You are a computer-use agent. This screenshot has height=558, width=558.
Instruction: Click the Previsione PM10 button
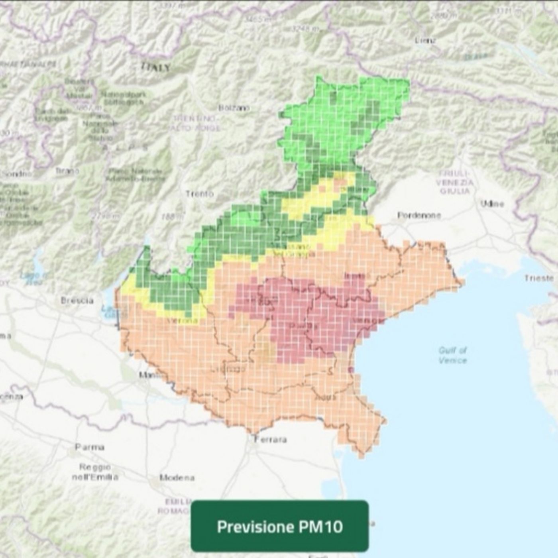280,526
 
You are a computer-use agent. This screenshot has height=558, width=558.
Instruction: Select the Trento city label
200,194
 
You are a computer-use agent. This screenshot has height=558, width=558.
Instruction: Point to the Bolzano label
234,108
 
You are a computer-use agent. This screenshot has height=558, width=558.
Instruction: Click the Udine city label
492,204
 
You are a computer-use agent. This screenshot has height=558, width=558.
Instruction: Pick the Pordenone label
419,216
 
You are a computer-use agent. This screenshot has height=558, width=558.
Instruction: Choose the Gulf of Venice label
453,355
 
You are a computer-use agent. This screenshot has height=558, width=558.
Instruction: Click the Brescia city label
77,301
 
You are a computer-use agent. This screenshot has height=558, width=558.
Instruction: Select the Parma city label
90,447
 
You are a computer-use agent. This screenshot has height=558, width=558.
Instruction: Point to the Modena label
177,477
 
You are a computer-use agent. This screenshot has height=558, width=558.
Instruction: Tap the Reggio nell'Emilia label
95,472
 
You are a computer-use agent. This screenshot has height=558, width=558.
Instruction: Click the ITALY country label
156,67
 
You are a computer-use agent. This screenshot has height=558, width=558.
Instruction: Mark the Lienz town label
425,40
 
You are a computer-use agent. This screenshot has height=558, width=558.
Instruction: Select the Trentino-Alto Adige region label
196,123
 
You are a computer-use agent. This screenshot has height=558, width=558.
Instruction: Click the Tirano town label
67,171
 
